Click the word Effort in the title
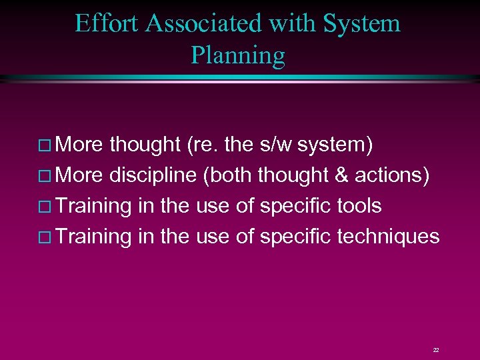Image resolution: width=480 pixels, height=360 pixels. point(107,23)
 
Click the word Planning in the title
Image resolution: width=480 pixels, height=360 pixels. point(238,55)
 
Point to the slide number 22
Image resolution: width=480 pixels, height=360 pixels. point(436,349)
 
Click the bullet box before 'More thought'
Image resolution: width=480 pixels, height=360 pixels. point(47,145)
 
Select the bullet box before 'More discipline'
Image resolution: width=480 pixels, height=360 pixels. point(47,176)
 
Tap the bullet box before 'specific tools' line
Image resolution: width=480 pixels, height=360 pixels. point(47,207)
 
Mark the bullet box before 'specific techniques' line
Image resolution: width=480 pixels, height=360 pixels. point(47,237)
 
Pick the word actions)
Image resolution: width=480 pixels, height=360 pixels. point(397,175)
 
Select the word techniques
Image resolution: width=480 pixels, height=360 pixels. point(389,237)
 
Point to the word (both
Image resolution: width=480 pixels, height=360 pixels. point(228,175)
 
